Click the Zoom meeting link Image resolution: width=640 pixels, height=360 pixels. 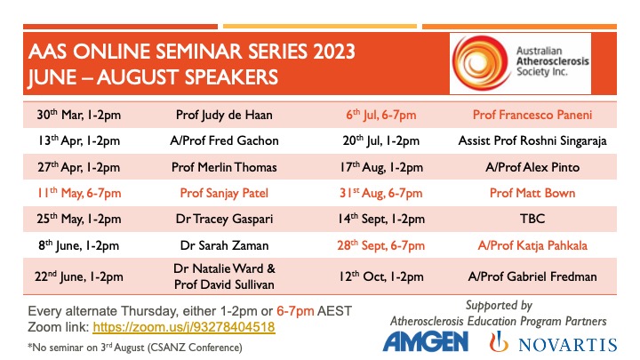click(x=184, y=327)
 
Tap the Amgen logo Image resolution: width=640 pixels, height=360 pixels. click(x=425, y=341)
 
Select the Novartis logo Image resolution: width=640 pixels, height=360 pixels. click(x=553, y=342)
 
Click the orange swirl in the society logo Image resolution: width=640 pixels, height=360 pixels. click(x=480, y=63)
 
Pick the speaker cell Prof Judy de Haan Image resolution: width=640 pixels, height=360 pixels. click(x=224, y=115)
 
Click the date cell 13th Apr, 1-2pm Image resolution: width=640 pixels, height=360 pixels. click(x=79, y=140)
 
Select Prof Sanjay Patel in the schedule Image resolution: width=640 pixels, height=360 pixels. click(x=224, y=193)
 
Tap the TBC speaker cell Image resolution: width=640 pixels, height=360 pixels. click(x=532, y=219)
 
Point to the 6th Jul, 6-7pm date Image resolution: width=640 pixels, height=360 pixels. click(x=380, y=115)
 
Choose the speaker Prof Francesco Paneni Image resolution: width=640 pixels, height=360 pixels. click(x=532, y=115)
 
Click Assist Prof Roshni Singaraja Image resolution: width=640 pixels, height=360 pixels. click(x=532, y=140)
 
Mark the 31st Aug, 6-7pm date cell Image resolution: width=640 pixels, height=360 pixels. click(x=380, y=193)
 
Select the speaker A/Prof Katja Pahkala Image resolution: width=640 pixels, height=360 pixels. click(x=532, y=245)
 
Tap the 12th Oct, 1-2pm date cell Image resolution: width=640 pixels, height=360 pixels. click(x=380, y=276)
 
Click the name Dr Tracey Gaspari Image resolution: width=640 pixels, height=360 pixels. click(x=224, y=220)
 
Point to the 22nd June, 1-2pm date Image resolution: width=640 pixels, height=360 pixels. click(x=79, y=276)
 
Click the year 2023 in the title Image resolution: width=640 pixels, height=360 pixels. click(x=334, y=52)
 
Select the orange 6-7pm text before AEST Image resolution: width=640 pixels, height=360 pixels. click(x=295, y=311)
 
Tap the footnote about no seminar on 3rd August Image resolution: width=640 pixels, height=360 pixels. click(x=135, y=348)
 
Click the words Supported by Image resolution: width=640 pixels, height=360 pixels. click(x=499, y=305)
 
